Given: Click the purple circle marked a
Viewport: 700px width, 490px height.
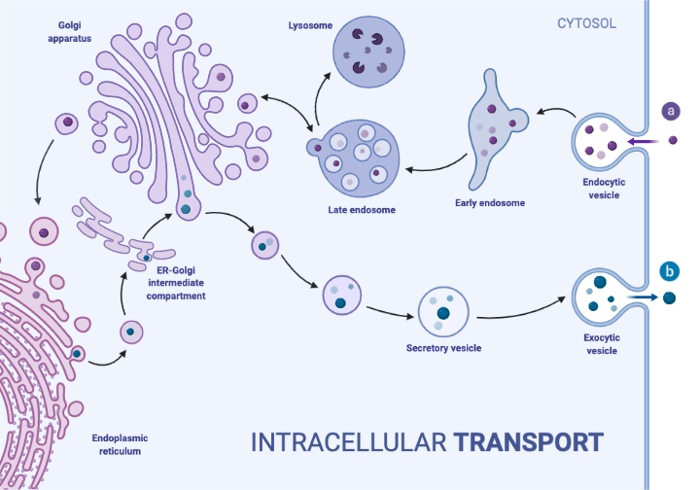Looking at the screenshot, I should [x=671, y=111].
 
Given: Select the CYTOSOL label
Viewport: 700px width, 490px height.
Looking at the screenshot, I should [x=585, y=22].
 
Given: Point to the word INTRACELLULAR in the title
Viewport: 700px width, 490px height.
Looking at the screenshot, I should [x=348, y=442].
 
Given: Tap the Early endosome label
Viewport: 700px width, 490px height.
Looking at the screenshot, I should [x=490, y=203].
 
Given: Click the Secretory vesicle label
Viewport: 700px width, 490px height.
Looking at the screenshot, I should [x=443, y=348].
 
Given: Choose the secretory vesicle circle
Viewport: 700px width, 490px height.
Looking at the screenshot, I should [x=443, y=313].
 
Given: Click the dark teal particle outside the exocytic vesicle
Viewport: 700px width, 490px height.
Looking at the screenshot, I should [x=669, y=297].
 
